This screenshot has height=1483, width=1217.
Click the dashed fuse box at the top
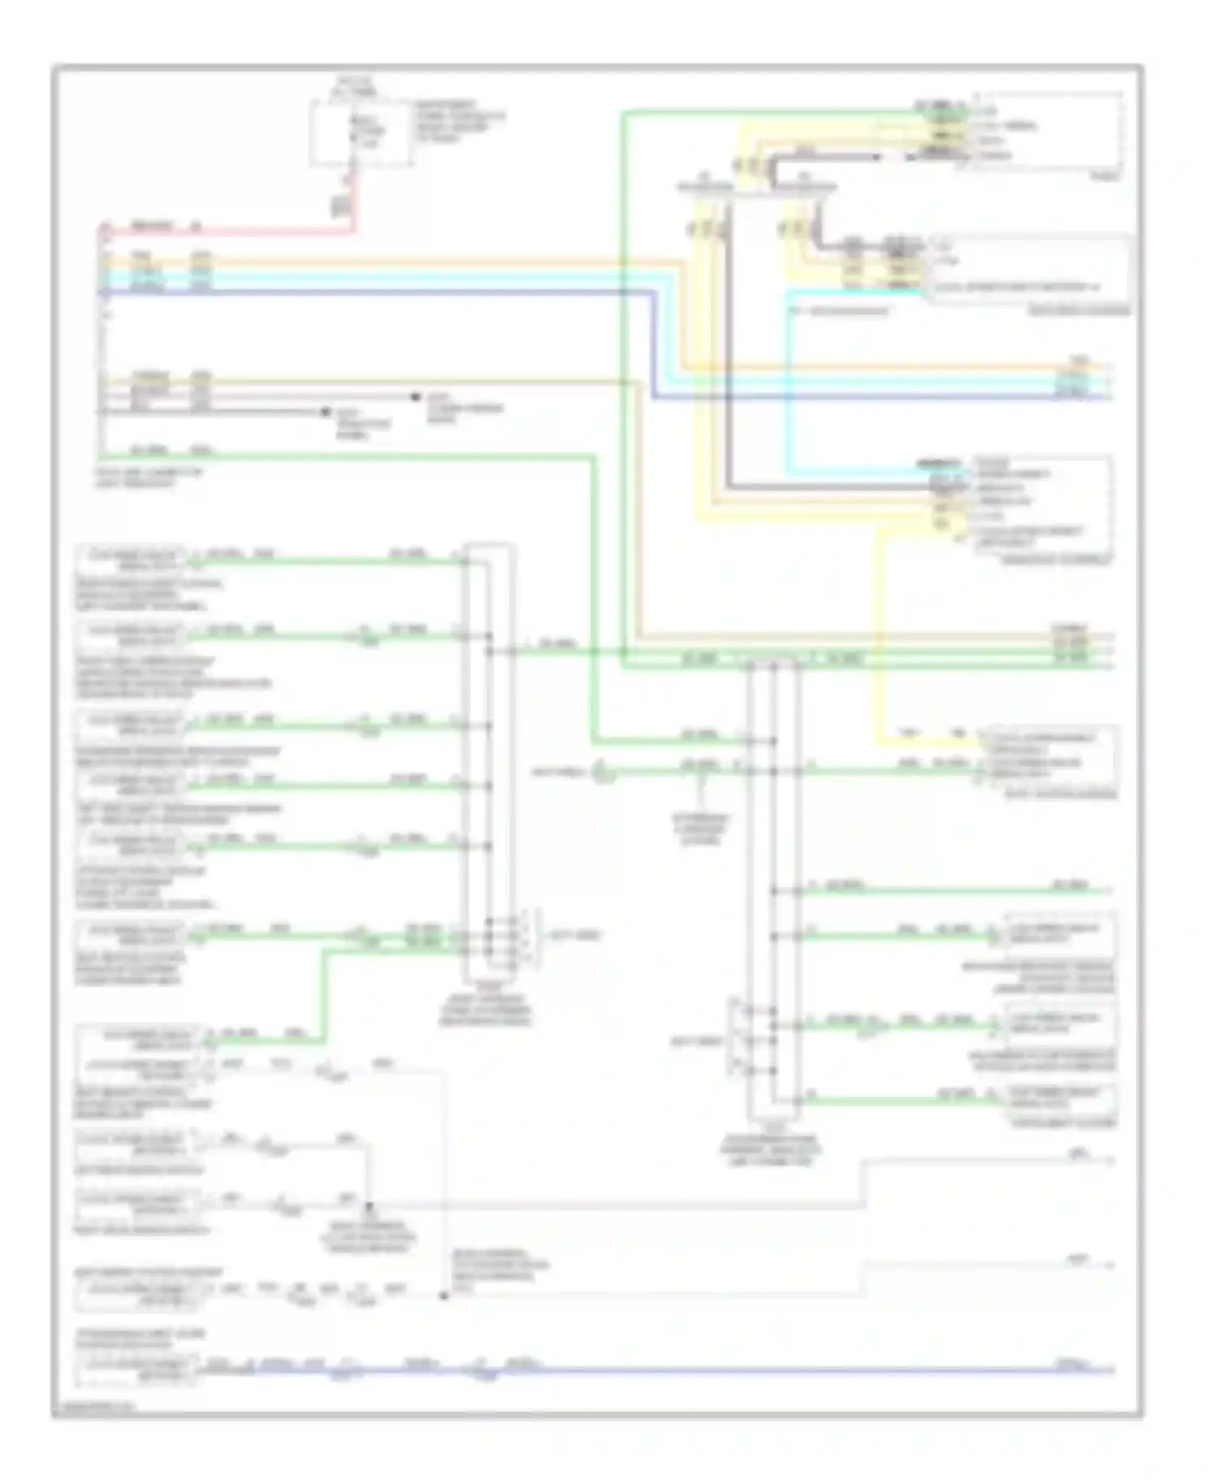pos(360,134)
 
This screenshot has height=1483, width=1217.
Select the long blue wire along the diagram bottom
pos(730,1371)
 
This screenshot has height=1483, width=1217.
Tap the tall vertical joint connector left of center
pos(488,763)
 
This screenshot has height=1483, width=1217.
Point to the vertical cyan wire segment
pos(788,381)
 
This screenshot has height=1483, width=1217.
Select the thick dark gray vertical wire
pos(729,349)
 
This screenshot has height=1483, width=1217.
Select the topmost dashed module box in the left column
pos(130,558)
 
